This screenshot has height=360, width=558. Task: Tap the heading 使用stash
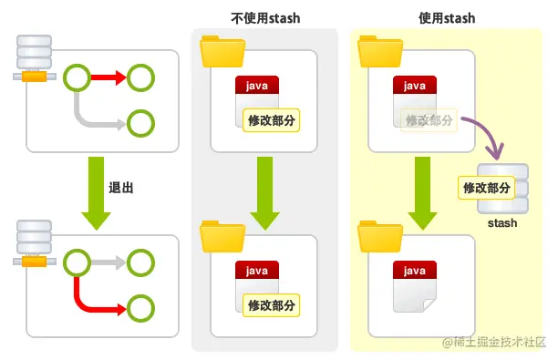pyautogui.click(x=447, y=17)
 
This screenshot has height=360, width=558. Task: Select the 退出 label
pyautogui.click(x=122, y=188)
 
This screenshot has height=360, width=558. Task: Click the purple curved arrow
pyautogui.click(x=483, y=135)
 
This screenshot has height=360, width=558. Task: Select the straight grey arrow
pyautogui.click(x=108, y=263)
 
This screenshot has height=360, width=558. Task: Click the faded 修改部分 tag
pyautogui.click(x=428, y=119)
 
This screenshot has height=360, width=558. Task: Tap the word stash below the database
pyautogui.click(x=502, y=222)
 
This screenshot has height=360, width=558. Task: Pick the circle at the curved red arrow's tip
pyautogui.click(x=140, y=307)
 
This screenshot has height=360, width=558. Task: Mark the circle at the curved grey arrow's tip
pyautogui.click(x=140, y=121)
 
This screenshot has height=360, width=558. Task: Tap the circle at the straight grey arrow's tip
pyautogui.click(x=140, y=263)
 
